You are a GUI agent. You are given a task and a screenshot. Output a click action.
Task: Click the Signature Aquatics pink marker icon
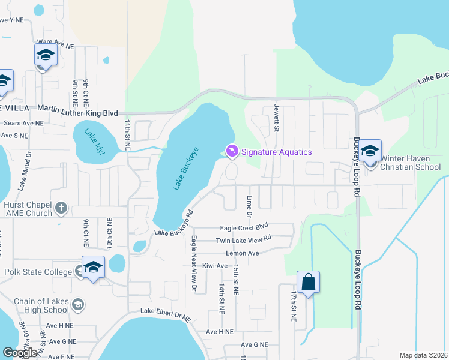231,150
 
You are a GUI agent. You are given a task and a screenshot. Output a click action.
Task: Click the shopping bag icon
308,283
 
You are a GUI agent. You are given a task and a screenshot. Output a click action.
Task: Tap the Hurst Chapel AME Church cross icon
61,208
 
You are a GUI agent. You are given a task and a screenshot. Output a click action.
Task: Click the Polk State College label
38,272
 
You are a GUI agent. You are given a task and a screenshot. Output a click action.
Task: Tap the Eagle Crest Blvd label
244,228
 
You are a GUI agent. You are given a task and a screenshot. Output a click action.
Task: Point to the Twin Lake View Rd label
244,241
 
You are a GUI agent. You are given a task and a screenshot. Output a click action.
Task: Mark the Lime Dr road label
249,205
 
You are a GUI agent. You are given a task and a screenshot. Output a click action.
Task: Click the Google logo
20,353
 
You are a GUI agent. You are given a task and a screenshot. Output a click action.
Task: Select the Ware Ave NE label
55,46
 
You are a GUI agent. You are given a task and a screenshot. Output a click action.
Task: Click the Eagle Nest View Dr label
193,264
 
